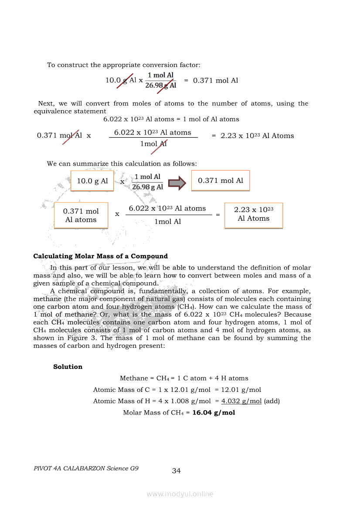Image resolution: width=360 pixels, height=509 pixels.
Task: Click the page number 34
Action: (x=176, y=471)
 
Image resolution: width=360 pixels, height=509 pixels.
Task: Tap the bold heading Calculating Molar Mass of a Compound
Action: (x=101, y=256)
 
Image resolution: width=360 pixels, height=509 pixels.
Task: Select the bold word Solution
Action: (x=68, y=367)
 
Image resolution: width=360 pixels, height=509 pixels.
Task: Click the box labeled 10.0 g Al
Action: (x=92, y=181)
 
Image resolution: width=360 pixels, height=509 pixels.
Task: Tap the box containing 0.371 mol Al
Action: (x=221, y=181)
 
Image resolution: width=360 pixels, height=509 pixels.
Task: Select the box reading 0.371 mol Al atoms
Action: (x=81, y=216)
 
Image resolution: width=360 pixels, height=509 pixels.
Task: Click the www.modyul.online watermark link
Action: (x=180, y=494)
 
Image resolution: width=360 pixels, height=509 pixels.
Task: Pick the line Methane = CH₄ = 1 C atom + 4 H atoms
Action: (x=184, y=378)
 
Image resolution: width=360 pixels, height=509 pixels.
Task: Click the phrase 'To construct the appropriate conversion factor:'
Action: (x=124, y=65)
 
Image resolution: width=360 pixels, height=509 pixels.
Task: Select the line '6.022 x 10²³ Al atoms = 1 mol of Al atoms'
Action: (x=171, y=119)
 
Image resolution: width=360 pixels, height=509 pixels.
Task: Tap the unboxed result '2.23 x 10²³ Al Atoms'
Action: (x=257, y=136)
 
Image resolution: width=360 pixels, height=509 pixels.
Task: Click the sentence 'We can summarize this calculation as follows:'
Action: (x=122, y=164)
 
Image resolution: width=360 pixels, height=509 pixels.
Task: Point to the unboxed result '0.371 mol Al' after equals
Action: (x=215, y=81)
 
